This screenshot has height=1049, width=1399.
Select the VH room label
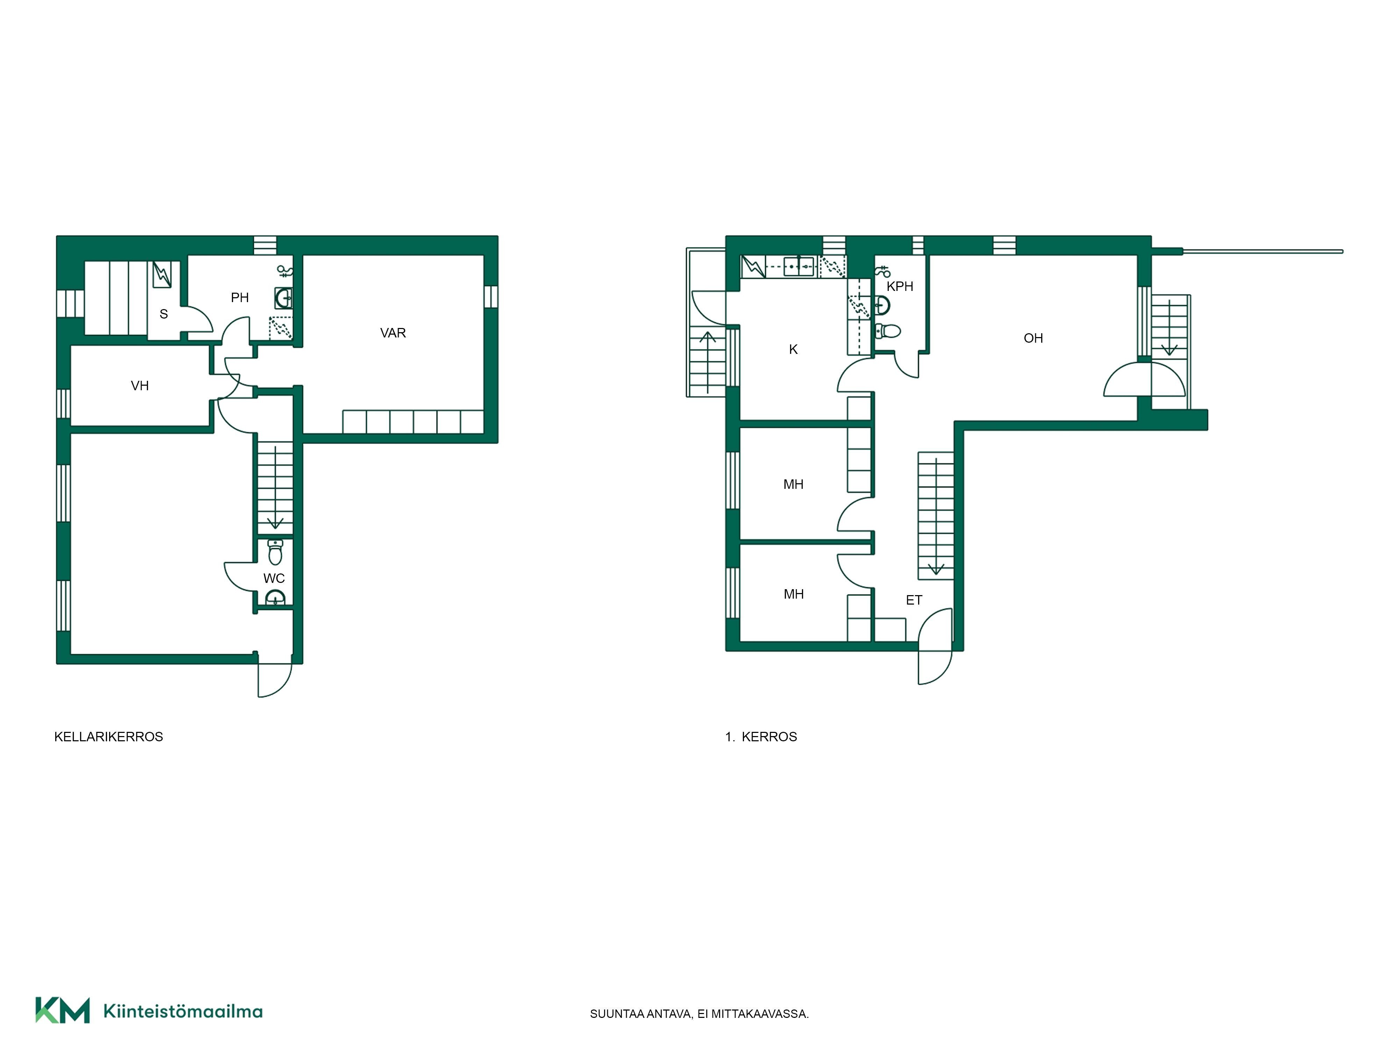click(140, 386)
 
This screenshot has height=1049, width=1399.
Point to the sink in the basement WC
click(275, 597)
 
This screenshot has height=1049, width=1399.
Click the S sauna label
click(164, 314)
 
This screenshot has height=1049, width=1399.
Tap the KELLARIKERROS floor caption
click(109, 737)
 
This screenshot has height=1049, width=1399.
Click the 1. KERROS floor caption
click(761, 737)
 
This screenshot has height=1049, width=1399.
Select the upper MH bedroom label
click(793, 484)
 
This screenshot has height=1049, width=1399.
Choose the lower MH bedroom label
click(793, 594)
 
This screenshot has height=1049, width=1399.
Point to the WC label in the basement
click(274, 579)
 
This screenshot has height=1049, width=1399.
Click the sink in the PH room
click(283, 298)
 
